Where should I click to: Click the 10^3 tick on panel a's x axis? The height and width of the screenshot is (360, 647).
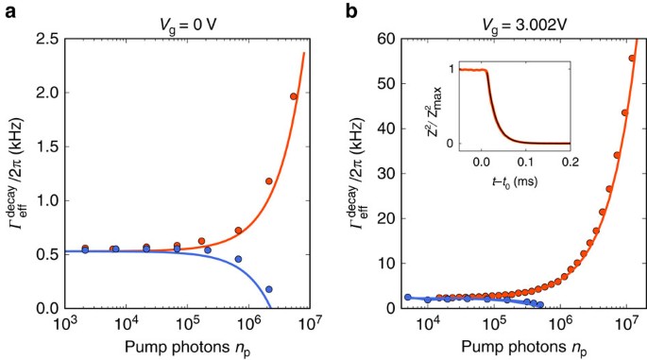point(65,324)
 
